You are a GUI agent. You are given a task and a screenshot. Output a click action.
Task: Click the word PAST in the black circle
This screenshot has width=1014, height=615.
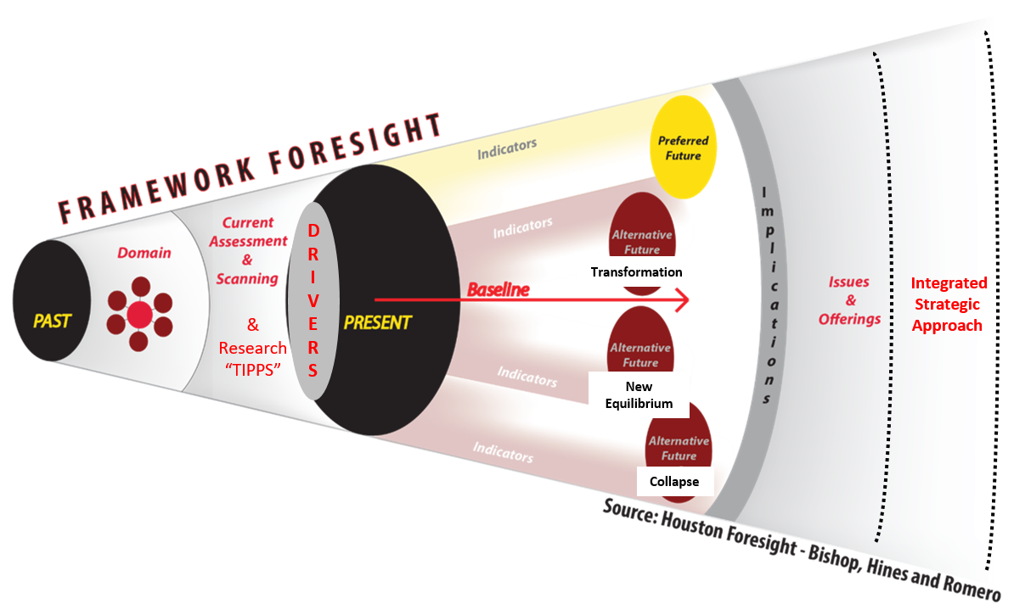(52, 321)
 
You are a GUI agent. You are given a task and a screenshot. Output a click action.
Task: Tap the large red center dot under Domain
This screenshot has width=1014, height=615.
(139, 316)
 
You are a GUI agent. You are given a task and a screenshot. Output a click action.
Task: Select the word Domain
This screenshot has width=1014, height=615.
(144, 253)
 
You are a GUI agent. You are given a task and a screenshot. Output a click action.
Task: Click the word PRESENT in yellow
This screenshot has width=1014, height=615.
(377, 322)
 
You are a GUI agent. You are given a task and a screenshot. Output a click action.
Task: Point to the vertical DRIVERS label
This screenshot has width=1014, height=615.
(313, 300)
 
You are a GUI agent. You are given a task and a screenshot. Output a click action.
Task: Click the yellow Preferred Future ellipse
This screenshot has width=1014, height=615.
(684, 148)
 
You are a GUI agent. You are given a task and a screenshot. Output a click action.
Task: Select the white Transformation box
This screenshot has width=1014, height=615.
(637, 272)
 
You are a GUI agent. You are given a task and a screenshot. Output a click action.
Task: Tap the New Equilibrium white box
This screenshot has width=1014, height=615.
(639, 395)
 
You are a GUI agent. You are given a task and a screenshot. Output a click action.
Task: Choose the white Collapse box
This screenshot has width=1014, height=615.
(674, 482)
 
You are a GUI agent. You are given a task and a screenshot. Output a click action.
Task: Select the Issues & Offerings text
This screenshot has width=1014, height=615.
(849, 301)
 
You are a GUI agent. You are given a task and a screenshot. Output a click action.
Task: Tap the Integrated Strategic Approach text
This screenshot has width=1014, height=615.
(948, 304)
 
